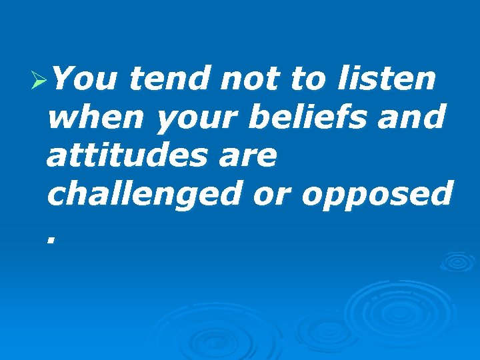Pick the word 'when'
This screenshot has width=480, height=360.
(97, 119)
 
